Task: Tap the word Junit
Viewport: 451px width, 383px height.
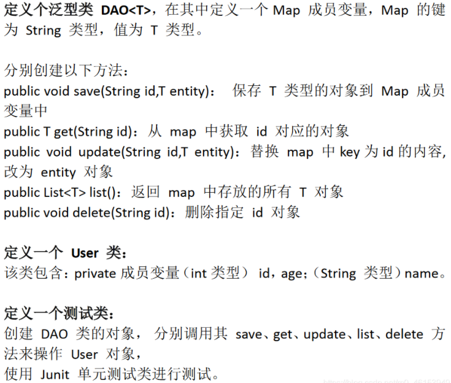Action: click(56, 374)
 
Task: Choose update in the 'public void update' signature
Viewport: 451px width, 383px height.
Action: click(97, 152)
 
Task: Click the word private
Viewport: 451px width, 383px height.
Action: click(96, 274)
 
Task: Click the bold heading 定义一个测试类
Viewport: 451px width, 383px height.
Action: click(59, 314)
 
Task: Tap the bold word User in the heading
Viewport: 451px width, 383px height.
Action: click(85, 253)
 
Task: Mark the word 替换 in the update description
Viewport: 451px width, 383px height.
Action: click(265, 152)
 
